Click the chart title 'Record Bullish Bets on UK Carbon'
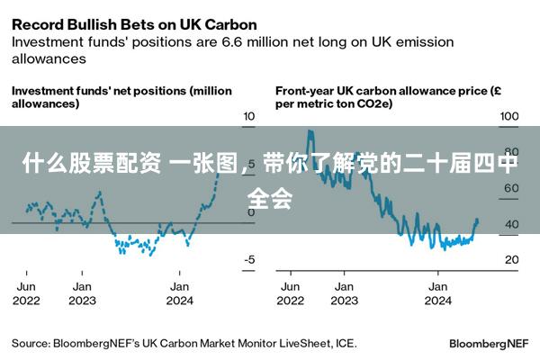tap(134, 23)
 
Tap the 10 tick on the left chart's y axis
tap(248, 117)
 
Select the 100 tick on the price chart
tap(509, 117)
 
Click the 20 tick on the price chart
tap(511, 260)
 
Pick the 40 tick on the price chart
tap(511, 224)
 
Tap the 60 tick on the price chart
tap(511, 188)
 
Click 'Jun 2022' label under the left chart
tap(28, 293)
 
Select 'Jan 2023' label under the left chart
tap(82, 293)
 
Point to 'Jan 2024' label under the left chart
tap(179, 293)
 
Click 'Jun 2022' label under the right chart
tap(291, 293)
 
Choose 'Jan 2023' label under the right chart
tap(343, 293)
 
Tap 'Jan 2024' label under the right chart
tap(437, 293)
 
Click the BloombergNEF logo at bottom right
tap(488, 344)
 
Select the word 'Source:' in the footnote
tap(31, 343)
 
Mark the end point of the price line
tap(477, 220)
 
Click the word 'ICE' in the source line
tap(345, 343)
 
